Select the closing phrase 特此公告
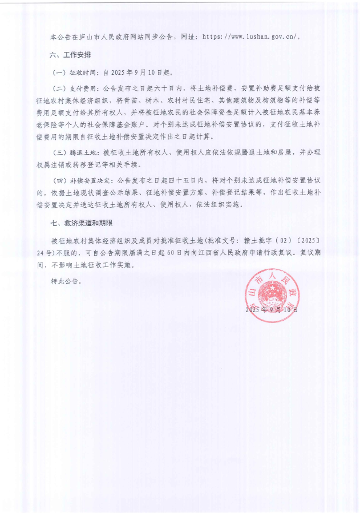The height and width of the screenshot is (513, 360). [x=66, y=281]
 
